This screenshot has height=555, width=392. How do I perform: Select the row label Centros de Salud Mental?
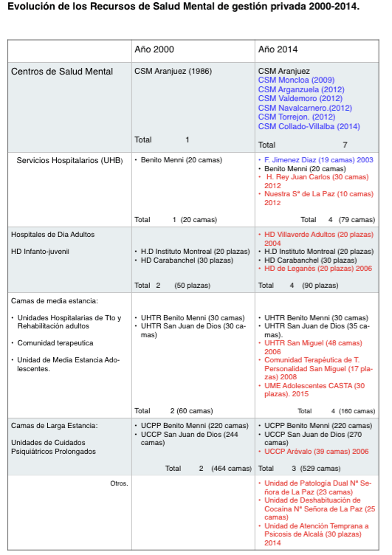pyautogui.click(x=62, y=72)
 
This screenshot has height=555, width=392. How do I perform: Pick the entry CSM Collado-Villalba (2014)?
pyautogui.click(x=309, y=126)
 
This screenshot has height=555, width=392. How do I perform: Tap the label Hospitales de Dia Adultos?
pyautogui.click(x=52, y=234)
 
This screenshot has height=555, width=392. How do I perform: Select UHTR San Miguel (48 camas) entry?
pyautogui.click(x=306, y=343)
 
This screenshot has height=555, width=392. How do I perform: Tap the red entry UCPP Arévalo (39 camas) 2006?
pyautogui.click(x=317, y=450)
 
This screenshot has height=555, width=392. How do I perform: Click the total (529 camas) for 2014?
pyautogui.click(x=354, y=468)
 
